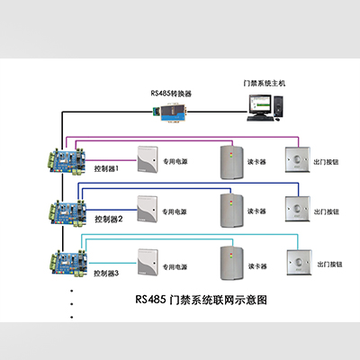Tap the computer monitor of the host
[x=259, y=105]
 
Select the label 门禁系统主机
[x=265, y=83]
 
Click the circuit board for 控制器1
[x=67, y=161]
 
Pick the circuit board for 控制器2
[x=68, y=212]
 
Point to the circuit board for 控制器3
[x=69, y=264]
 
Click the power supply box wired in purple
[x=148, y=159]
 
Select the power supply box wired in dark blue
[x=148, y=209]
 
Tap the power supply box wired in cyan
[x=148, y=262]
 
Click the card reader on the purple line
[x=232, y=162]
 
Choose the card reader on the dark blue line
[x=232, y=211]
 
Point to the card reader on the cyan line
[x=232, y=263]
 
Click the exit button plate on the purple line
[x=297, y=160]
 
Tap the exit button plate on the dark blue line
[x=297, y=209]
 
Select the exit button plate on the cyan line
[x=299, y=263]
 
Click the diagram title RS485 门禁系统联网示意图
[x=201, y=300]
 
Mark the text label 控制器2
[x=109, y=220]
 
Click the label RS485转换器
[x=171, y=94]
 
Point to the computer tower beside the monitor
[x=279, y=106]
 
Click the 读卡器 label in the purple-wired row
[x=256, y=162]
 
